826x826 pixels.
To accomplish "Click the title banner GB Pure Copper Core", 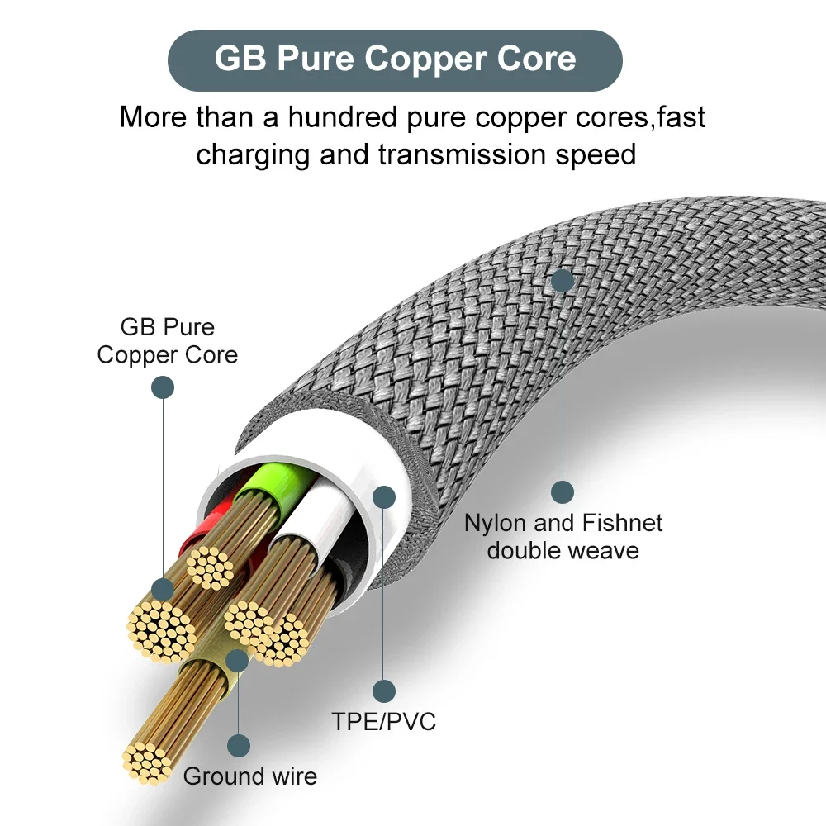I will pos(395,59).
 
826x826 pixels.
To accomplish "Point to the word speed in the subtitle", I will pos(598,154).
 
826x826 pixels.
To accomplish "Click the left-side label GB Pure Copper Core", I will pos(167,340).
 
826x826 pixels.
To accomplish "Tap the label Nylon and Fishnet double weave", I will pos(563,536).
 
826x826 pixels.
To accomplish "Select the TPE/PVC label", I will pos(384,721).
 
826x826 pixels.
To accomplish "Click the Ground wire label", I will pos(249,776).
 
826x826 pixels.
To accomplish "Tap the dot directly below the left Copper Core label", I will pos(163,387).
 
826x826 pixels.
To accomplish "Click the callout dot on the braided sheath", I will pos(563,280).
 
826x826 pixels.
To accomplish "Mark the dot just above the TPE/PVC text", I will pos(384,691).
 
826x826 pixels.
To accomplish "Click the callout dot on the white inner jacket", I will pos(384,496).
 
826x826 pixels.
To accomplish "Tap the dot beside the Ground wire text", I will pos(239,746).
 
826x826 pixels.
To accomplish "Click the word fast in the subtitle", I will pos(681,116).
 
